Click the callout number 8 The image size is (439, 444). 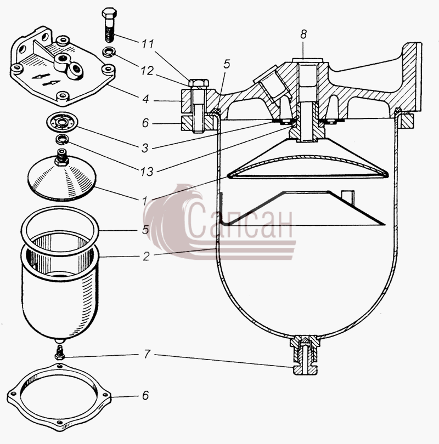[x=303, y=35]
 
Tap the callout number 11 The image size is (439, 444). [x=148, y=44]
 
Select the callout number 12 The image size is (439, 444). [x=147, y=71]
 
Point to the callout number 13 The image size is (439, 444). [x=147, y=172]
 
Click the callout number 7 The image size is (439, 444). [x=147, y=354]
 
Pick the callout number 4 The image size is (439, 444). [x=145, y=99]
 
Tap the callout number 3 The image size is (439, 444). [x=145, y=148]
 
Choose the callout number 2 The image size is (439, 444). [x=145, y=257]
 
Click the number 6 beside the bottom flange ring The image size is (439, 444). [x=145, y=395]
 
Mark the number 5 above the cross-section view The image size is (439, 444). [x=227, y=64]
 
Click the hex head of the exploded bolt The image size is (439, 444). [x=109, y=13]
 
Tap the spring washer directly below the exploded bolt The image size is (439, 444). [x=109, y=53]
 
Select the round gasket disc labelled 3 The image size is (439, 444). [x=63, y=122]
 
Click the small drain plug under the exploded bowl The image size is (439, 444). [x=60, y=352]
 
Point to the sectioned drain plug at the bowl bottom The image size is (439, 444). [x=305, y=355]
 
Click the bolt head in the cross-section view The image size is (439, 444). [x=199, y=83]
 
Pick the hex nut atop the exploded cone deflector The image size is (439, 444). [x=61, y=161]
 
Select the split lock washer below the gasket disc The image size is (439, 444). [x=62, y=140]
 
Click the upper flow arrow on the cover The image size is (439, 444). [x=41, y=76]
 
